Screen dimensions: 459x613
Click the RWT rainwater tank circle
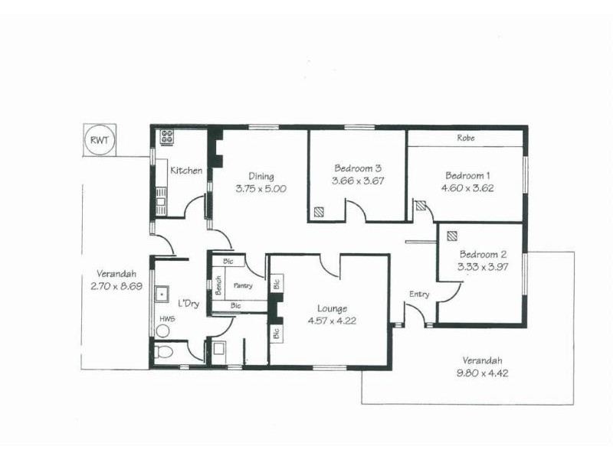pos(100,140)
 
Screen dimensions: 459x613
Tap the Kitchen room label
pos(186,171)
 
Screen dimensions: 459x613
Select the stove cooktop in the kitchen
pos(166,138)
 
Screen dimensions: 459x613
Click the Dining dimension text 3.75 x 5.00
pos(261,188)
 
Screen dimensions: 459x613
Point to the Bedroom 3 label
pos(358,168)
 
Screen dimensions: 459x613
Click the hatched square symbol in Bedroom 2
pos(452,236)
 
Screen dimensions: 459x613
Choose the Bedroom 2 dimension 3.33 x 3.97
pos(483,267)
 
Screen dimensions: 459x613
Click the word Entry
pos(419,295)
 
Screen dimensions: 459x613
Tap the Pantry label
pos(243,285)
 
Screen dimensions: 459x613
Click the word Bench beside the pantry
pos(218,285)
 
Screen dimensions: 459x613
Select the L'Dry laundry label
pos(188,304)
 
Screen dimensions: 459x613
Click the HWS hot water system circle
pos(162,330)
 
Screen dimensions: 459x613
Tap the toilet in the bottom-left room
pos(162,353)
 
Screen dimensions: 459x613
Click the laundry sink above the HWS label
pos(162,294)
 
